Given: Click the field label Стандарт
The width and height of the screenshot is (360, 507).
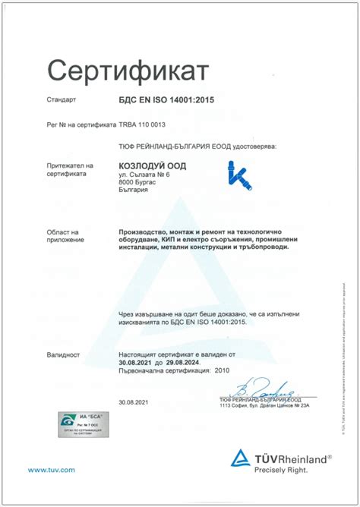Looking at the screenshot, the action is [x=62, y=99].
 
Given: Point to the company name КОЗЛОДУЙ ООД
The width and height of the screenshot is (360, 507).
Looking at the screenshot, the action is [x=153, y=166].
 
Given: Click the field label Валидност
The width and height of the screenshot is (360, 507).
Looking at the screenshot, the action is [x=63, y=354].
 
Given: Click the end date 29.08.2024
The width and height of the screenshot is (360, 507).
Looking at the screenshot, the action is [x=188, y=363].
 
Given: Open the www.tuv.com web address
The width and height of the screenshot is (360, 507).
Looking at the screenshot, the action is [x=52, y=471].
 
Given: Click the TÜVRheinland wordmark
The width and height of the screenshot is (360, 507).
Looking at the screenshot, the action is [x=292, y=458].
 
